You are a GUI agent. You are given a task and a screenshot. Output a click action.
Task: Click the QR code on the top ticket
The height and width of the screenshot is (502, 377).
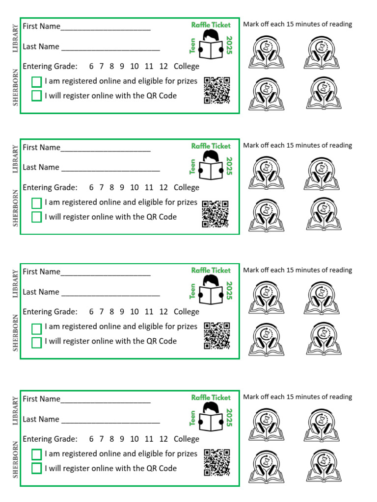point(216,90)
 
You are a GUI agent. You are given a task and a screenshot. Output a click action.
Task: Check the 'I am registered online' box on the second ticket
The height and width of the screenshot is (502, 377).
point(36,202)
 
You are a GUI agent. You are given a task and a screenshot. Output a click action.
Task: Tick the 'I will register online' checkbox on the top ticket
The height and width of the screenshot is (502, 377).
point(36,96)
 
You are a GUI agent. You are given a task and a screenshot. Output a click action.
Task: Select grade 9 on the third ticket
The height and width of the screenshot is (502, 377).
point(122,312)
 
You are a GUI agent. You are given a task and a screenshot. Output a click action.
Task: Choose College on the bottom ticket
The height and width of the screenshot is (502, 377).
point(187,439)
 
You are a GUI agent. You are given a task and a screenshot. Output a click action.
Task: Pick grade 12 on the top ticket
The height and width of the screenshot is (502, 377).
point(163,67)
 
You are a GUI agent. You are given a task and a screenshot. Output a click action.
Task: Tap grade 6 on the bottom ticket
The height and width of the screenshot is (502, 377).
point(91,439)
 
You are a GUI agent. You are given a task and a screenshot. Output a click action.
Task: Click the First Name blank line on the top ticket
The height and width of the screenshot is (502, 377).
point(106,27)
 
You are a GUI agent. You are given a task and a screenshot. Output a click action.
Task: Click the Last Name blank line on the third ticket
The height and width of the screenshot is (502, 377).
point(110,293)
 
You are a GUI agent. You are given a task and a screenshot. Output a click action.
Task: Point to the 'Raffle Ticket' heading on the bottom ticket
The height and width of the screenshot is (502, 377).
point(211,398)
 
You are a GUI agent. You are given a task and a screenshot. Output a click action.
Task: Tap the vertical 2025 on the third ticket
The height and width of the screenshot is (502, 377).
point(229,290)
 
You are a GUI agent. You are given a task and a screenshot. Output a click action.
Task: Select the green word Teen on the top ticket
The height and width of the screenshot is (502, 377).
point(193,46)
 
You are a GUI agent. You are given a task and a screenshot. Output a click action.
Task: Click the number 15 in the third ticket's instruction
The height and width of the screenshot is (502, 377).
point(291,270)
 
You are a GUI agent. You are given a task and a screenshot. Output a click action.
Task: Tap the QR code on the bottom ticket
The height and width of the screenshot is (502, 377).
point(216,462)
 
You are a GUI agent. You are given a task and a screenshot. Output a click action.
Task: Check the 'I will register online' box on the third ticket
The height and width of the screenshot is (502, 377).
point(36,342)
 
